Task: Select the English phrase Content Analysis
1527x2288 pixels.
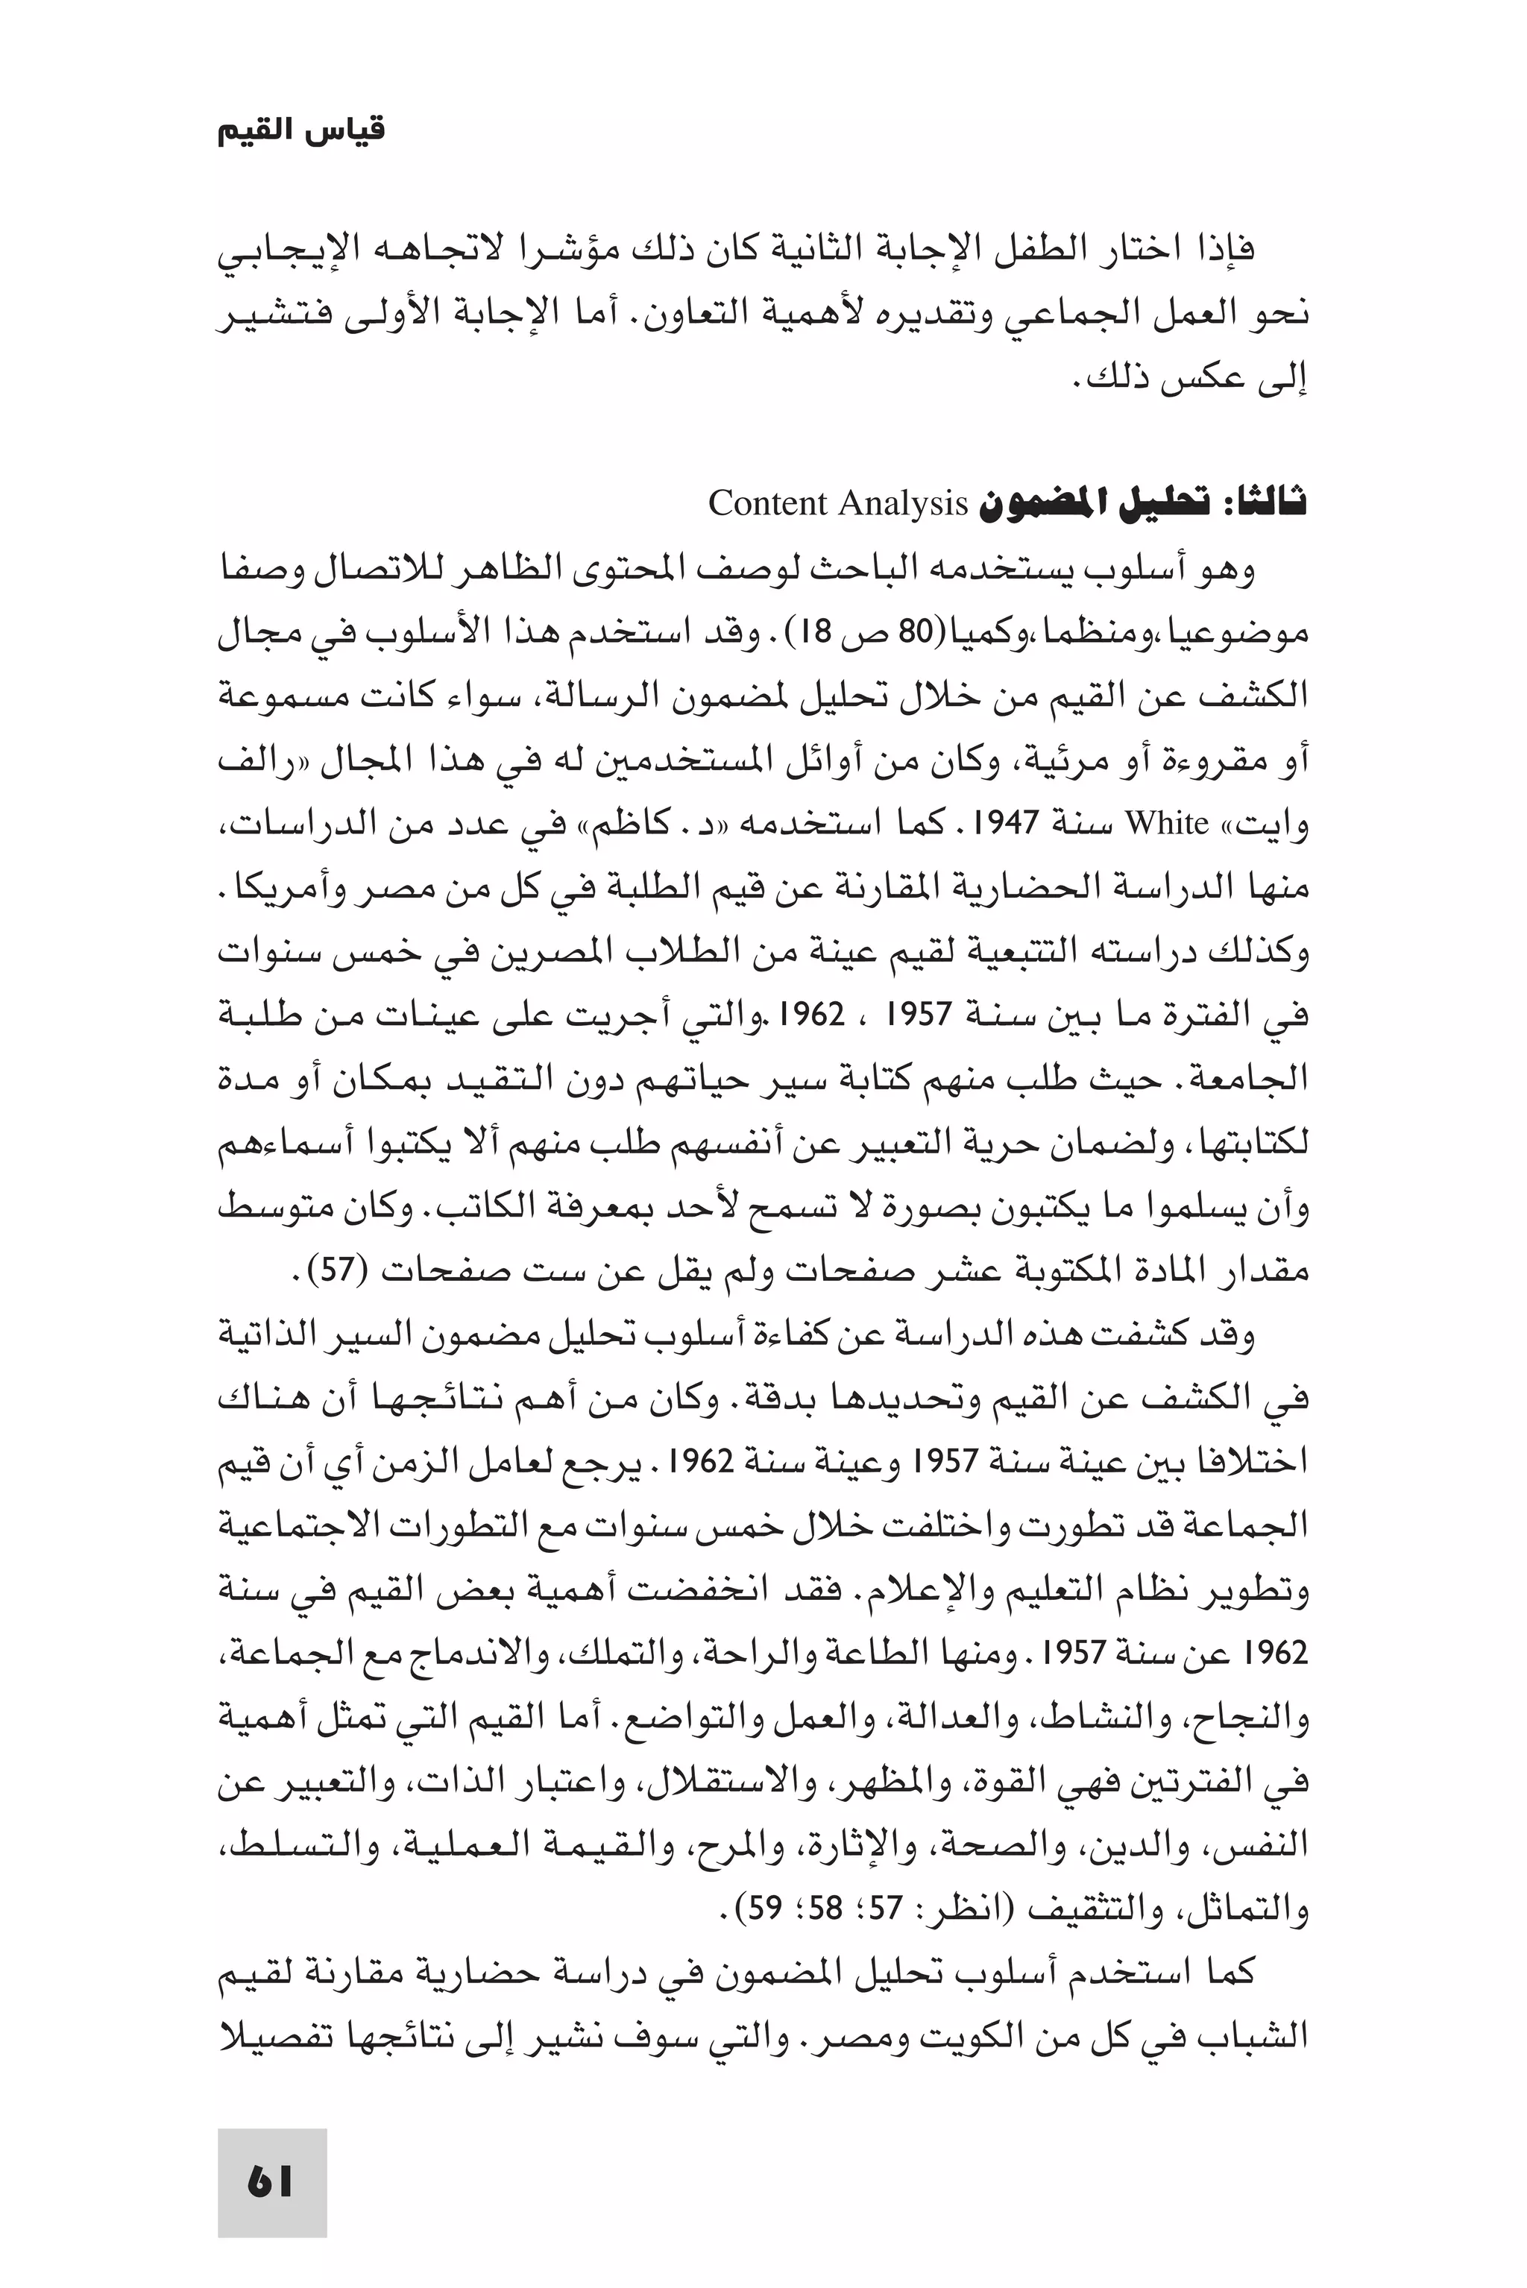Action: click(837, 503)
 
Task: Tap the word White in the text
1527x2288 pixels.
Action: click(1167, 824)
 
